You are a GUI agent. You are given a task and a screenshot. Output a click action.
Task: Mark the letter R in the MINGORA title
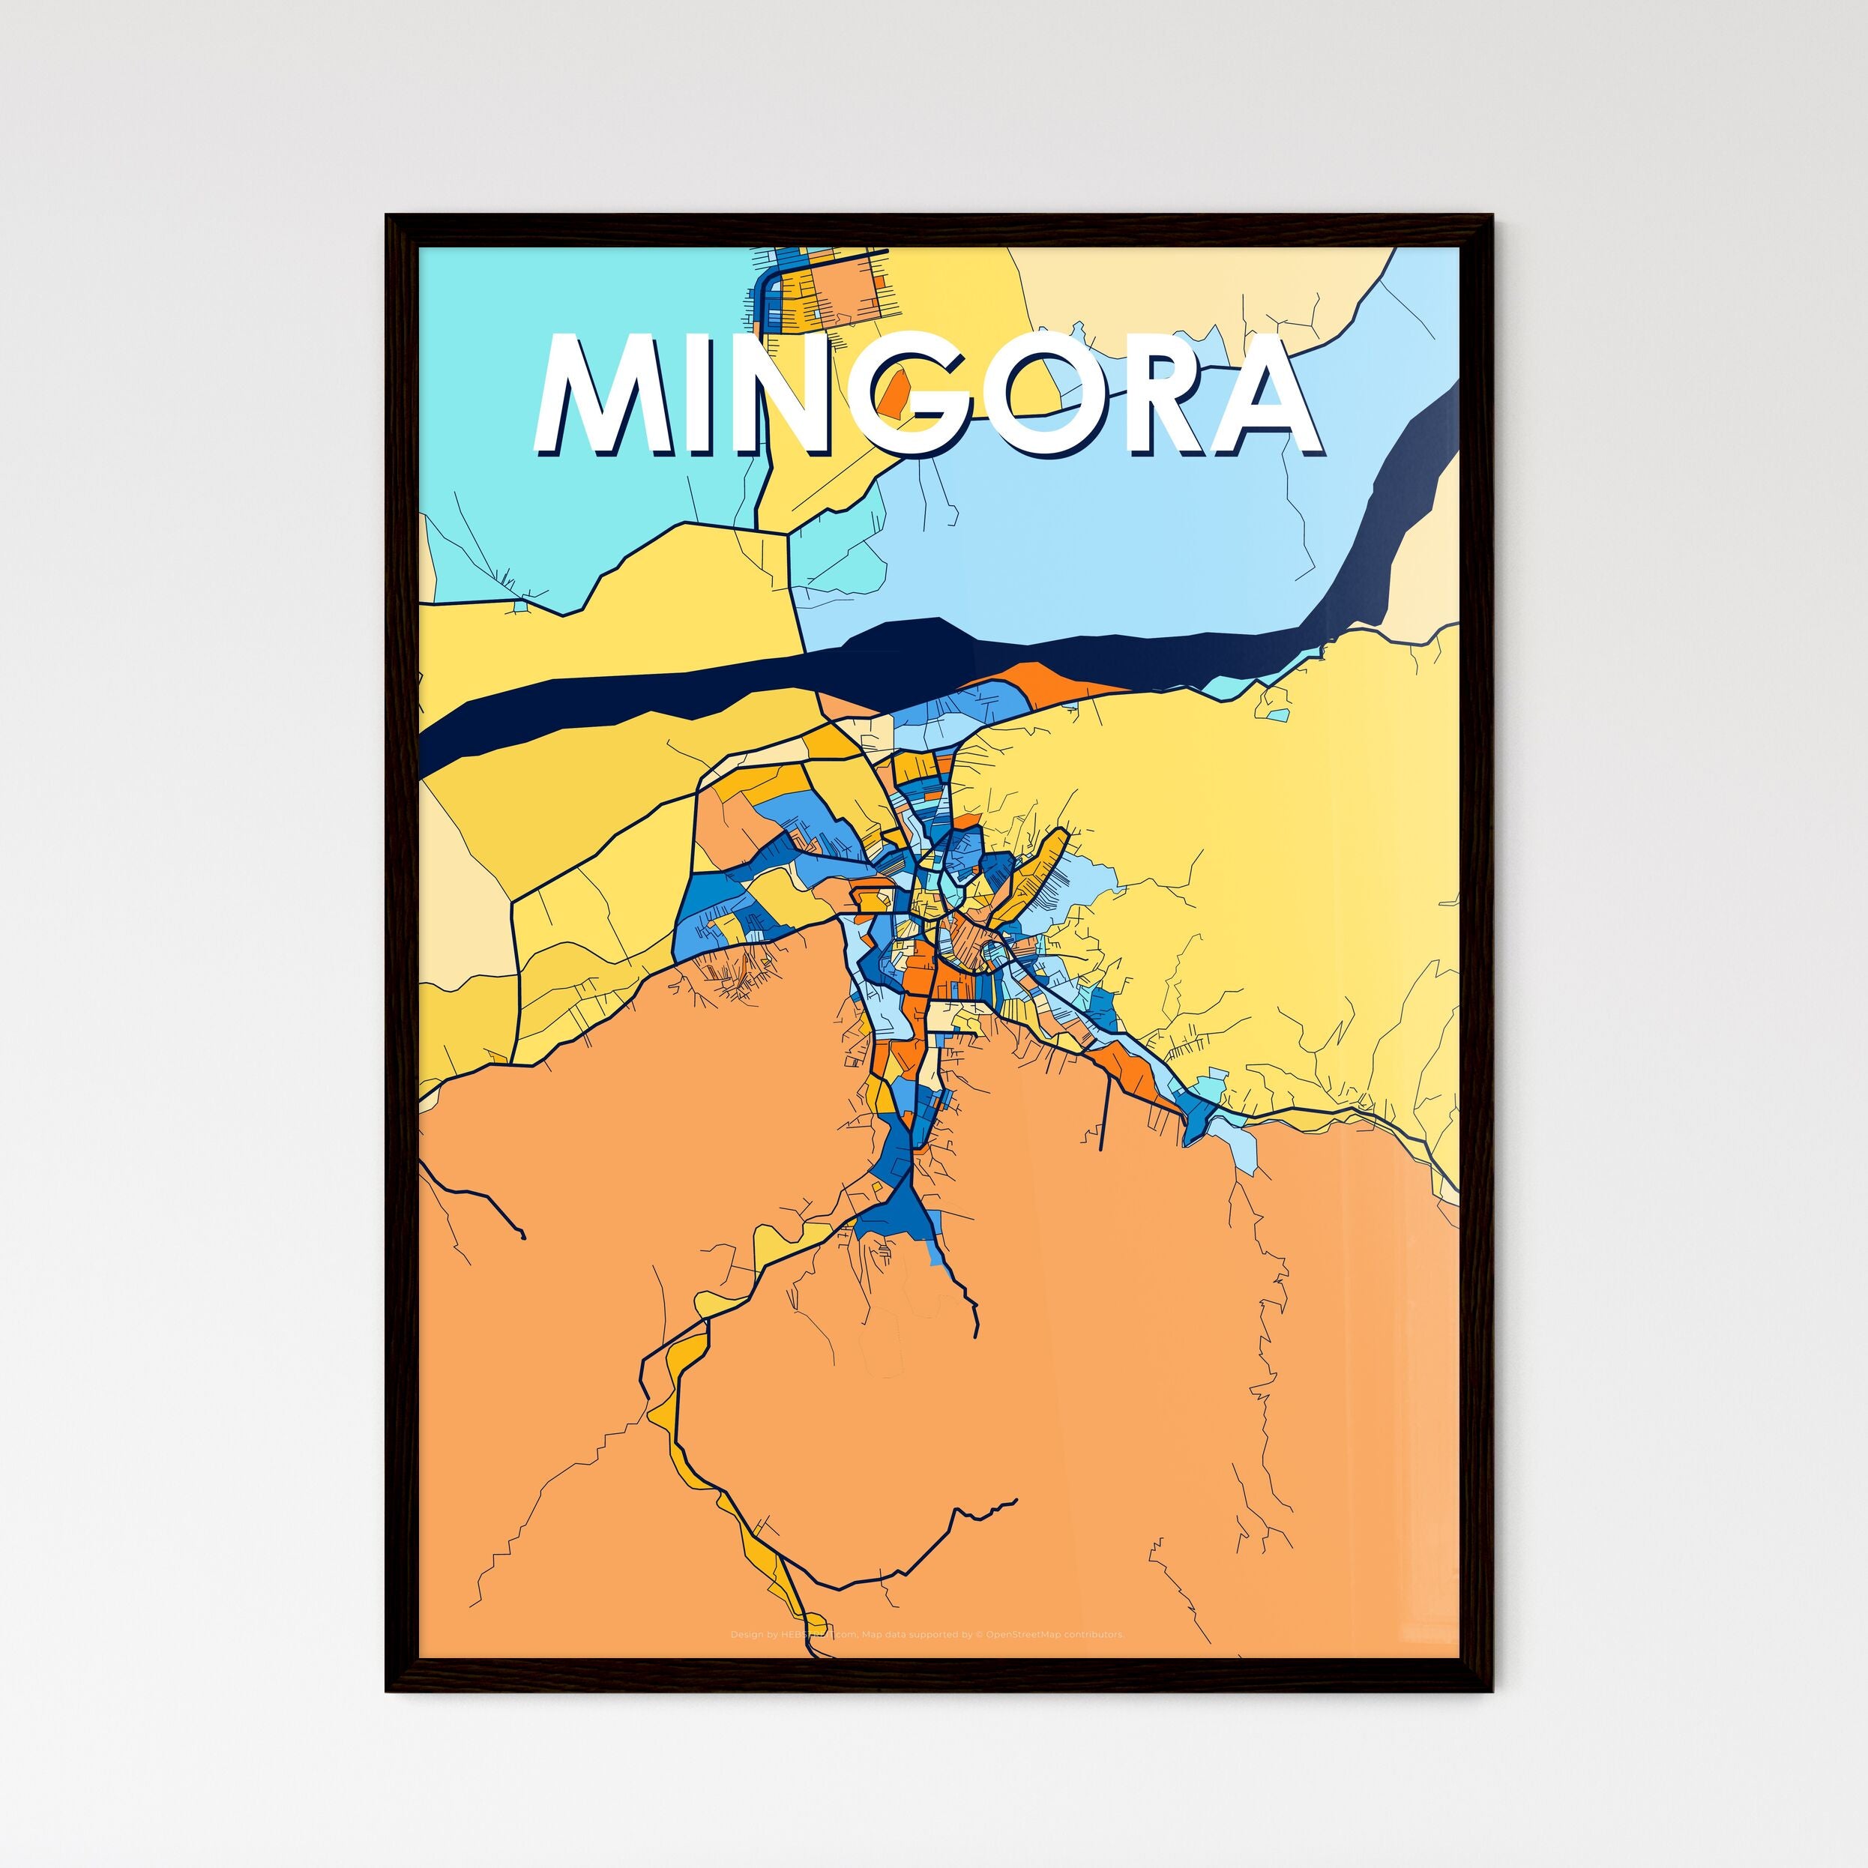point(1160,397)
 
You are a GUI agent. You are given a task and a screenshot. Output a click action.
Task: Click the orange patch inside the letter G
point(897,388)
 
